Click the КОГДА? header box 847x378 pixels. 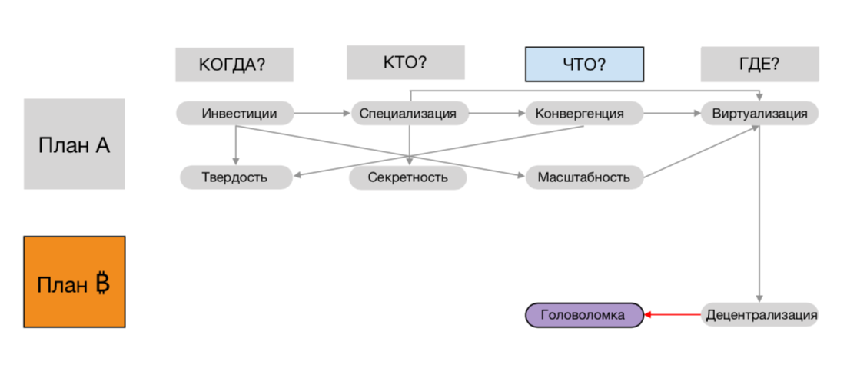point(234,65)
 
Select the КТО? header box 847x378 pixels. point(405,62)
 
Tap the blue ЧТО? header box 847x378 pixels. point(584,65)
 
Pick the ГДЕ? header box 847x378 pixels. point(759,65)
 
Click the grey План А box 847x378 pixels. point(74,144)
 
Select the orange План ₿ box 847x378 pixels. point(74,283)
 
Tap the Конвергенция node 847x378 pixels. point(584,114)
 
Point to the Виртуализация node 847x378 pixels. point(759,114)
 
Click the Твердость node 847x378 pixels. point(235,177)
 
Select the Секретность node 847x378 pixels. point(407,177)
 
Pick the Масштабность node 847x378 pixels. point(584,177)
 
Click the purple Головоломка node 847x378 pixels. point(583,314)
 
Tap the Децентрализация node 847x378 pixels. point(759,314)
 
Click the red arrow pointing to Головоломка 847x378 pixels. point(673,314)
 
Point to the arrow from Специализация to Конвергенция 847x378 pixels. point(497,114)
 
